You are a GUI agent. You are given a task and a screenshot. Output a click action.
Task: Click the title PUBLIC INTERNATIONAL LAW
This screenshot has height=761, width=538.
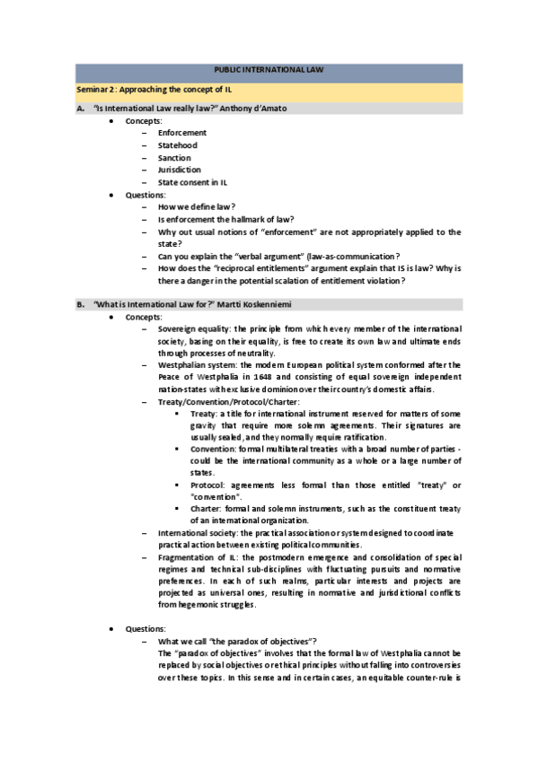[x=269, y=69]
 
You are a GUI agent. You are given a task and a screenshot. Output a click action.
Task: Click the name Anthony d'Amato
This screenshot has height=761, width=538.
[x=252, y=109]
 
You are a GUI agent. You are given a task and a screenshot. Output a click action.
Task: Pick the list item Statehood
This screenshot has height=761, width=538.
[x=177, y=145]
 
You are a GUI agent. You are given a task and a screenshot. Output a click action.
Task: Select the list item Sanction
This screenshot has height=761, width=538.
[x=174, y=158]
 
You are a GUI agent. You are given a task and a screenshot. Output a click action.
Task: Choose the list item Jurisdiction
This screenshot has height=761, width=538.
[x=179, y=170]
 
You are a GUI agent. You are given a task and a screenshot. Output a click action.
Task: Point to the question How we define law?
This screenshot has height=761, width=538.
[x=197, y=206]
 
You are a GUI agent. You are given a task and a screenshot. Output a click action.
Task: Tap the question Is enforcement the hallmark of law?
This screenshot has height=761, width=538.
[x=225, y=219]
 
